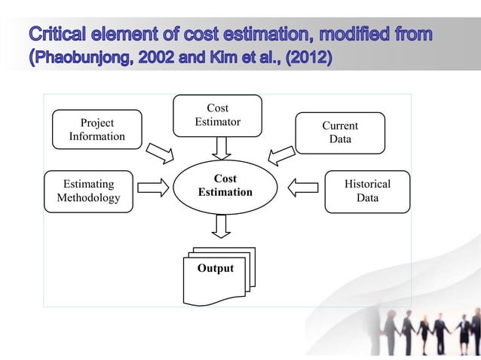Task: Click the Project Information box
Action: click(x=97, y=130)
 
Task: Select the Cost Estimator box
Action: click(x=217, y=115)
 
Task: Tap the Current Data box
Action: click(x=339, y=133)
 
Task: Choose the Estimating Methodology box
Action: click(x=88, y=191)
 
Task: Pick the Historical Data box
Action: click(x=367, y=191)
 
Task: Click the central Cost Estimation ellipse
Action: click(x=225, y=185)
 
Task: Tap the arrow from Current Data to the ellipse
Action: click(x=282, y=154)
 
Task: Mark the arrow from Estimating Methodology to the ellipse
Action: click(x=154, y=186)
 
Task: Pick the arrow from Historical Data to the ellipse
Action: click(x=304, y=186)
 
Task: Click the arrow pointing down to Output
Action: click(x=221, y=224)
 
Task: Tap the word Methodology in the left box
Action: click(x=88, y=198)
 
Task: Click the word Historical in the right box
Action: click(x=367, y=184)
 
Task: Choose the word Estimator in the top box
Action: click(x=217, y=121)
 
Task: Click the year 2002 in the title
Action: click(x=170, y=58)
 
